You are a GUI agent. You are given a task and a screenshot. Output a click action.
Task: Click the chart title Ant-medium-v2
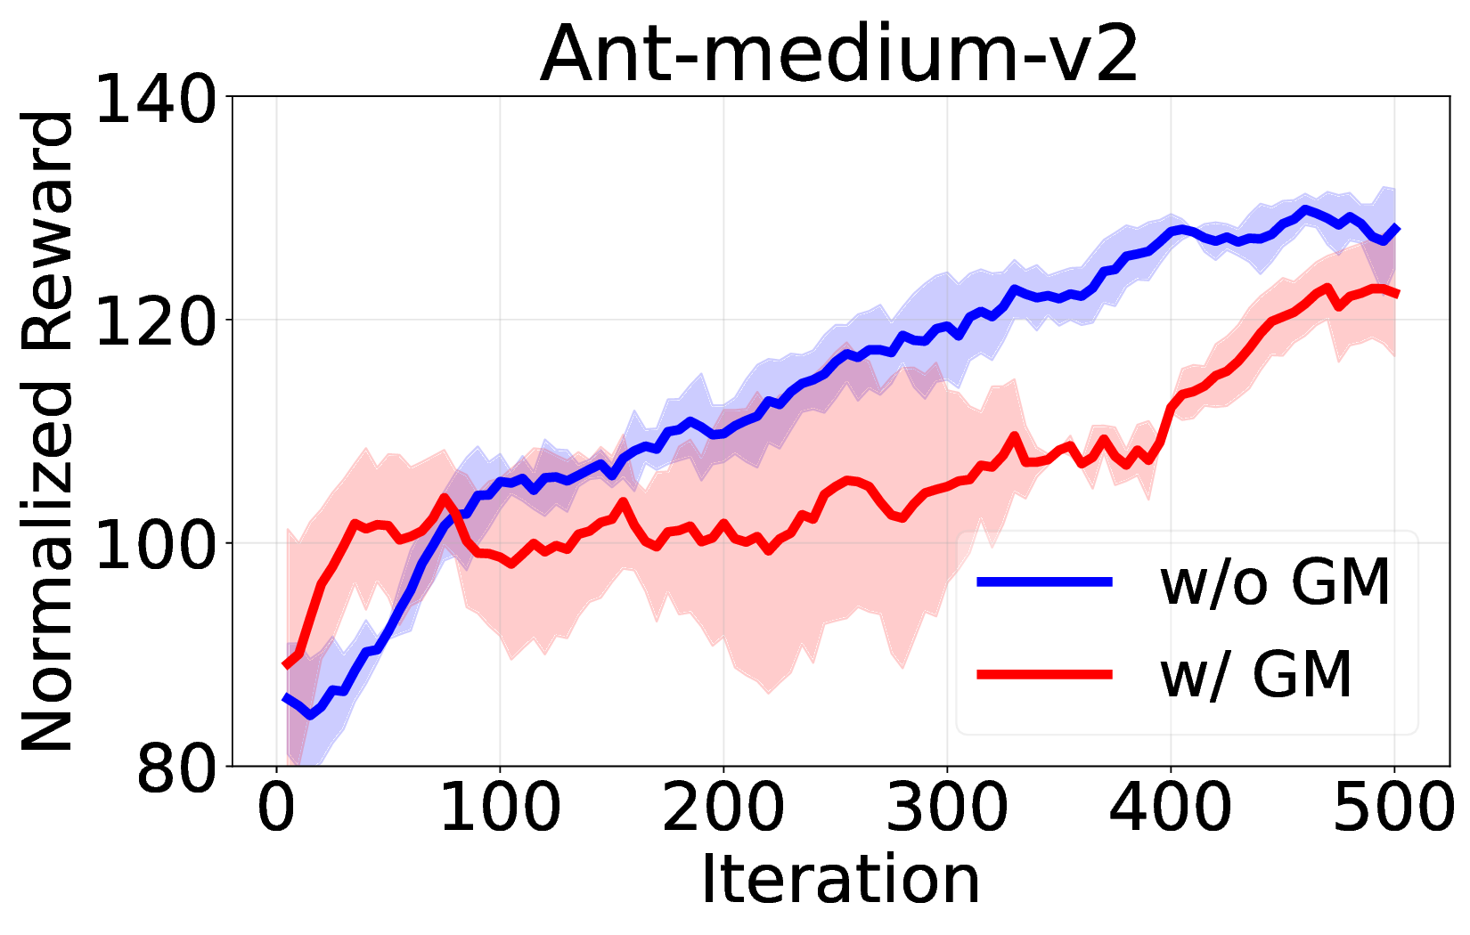[x=839, y=55]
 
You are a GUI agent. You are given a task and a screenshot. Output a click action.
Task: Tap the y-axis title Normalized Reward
[x=49, y=431]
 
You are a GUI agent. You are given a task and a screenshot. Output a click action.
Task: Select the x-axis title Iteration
[x=839, y=880]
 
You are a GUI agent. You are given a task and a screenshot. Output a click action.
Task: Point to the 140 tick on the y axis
[x=156, y=98]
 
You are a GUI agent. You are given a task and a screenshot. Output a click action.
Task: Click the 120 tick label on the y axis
[x=156, y=321]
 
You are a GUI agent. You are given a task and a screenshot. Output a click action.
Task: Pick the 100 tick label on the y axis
[x=156, y=543]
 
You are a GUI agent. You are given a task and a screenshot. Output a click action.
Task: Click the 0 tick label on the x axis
[x=276, y=809]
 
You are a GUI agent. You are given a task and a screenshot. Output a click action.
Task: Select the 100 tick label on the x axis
[x=500, y=809]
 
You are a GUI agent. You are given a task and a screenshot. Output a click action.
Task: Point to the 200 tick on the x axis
[x=723, y=809]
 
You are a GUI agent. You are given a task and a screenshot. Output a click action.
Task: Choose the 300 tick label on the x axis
[x=946, y=809]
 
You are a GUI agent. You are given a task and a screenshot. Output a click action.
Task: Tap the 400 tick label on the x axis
[x=1170, y=809]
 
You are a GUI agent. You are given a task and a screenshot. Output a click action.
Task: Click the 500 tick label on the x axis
[x=1392, y=809]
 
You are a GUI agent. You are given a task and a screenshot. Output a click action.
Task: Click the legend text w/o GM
[x=1275, y=582]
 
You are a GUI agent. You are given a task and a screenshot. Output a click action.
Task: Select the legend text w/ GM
[x=1256, y=674]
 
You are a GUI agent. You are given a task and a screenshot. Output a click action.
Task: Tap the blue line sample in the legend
[x=1044, y=581]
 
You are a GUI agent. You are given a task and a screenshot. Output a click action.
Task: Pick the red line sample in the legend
[x=1044, y=674]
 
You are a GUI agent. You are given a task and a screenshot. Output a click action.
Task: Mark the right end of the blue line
[x=1396, y=229]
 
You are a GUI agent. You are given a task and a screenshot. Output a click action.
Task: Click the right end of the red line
[x=1396, y=294]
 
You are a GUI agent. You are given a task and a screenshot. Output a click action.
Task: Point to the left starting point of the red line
[x=285, y=665]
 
